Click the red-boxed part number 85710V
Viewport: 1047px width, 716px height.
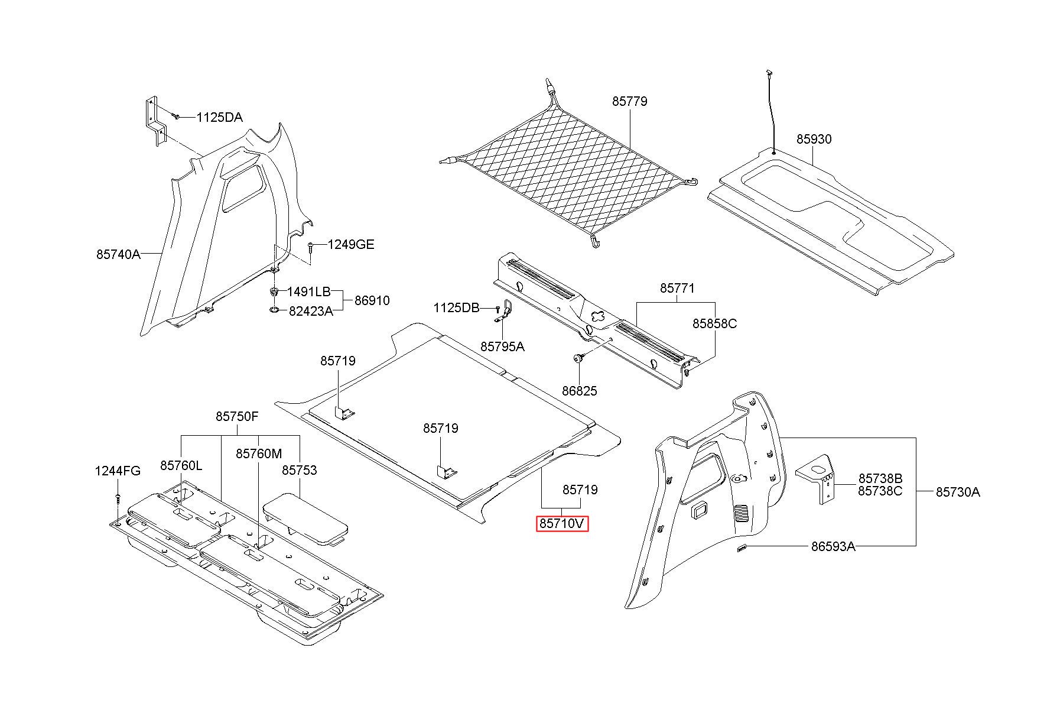point(562,524)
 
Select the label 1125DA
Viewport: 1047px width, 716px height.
point(219,117)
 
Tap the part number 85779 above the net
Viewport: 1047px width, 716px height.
point(629,101)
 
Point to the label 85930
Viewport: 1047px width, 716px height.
point(814,139)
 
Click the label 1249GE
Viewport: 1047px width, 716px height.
point(351,244)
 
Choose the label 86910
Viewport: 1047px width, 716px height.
point(372,300)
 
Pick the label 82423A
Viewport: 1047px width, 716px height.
point(311,311)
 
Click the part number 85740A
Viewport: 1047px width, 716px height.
point(118,254)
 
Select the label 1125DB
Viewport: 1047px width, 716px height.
point(456,307)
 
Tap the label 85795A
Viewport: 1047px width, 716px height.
point(502,346)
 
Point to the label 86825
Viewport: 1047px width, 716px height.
point(579,391)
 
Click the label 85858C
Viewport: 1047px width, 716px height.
point(714,324)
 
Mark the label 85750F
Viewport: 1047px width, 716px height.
point(237,416)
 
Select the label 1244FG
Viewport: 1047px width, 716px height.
point(118,471)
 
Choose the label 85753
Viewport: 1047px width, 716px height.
point(299,470)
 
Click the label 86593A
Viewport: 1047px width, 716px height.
point(833,546)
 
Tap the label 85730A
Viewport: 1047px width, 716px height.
point(958,492)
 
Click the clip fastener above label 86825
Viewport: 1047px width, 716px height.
point(578,358)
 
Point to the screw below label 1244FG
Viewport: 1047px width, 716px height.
point(118,498)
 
